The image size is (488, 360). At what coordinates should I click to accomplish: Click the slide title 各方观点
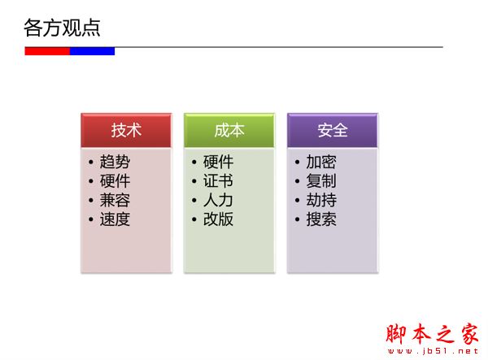point(62,28)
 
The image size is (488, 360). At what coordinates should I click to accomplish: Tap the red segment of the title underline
point(47,50)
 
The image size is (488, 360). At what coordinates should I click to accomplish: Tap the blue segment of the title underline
point(92,50)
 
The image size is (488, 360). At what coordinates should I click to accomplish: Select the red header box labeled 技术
point(126,130)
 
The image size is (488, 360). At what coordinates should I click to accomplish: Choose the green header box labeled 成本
point(229,130)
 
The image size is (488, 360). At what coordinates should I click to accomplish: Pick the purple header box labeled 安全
point(333,130)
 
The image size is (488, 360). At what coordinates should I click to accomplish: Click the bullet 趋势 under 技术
point(115,162)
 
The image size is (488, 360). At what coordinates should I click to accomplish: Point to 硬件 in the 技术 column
point(115,181)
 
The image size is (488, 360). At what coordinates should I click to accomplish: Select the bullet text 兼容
point(115,200)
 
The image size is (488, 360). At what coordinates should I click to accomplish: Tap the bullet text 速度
point(115,219)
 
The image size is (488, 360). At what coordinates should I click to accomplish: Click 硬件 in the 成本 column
point(218,162)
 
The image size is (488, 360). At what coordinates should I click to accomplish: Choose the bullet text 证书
point(218,181)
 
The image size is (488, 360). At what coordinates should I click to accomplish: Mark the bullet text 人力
point(218,200)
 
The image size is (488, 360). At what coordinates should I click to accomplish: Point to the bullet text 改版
point(218,219)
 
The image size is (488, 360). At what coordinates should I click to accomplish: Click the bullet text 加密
point(321,162)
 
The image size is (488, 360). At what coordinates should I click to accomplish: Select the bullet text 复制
point(321,181)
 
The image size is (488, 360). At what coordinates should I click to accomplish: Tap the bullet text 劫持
point(321,200)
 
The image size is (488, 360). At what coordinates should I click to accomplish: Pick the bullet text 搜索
point(321,219)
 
